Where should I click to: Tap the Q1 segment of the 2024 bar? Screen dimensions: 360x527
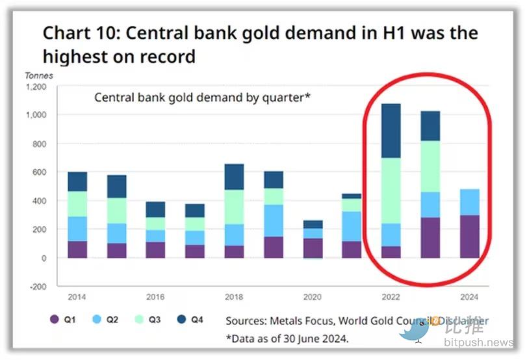pos(469,237)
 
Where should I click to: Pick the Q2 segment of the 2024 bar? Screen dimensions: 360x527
pos(469,202)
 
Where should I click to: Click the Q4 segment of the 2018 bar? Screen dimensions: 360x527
pos(235,177)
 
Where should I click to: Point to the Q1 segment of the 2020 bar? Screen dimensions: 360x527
pos(313,248)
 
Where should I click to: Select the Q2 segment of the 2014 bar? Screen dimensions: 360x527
pos(78,229)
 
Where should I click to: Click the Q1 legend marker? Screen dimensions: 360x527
pos(55,320)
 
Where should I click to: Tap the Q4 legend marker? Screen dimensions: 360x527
pos(181,320)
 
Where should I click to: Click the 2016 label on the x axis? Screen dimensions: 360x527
pos(156,297)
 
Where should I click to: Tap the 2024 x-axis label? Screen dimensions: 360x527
pos(469,297)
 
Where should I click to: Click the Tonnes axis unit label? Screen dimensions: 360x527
pos(39,75)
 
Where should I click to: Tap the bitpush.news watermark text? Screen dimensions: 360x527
pos(480,342)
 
